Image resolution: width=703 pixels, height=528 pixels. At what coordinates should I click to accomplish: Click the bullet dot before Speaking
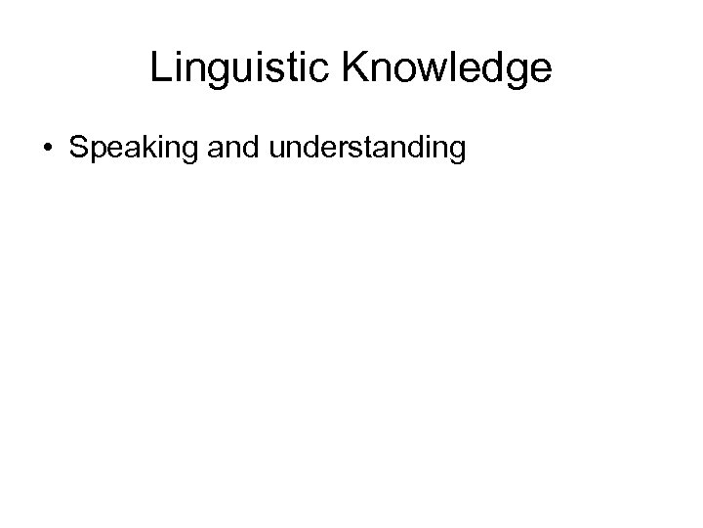tap(48, 150)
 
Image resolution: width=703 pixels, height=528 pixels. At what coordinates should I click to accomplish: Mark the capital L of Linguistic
tap(160, 68)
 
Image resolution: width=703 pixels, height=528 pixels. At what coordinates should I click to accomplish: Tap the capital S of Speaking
tap(78, 149)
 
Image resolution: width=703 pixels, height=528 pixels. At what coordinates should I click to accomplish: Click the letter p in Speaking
tap(94, 152)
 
